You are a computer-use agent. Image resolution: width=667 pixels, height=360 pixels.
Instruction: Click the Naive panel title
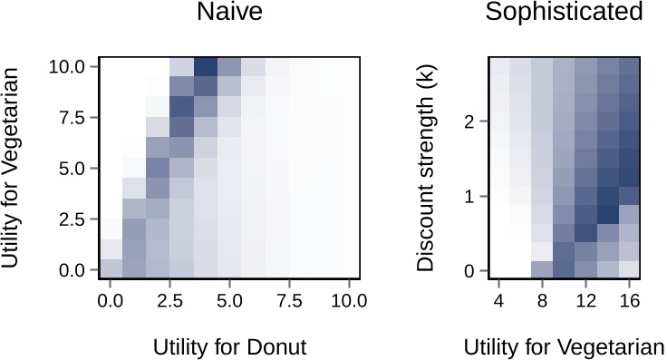pos(233,13)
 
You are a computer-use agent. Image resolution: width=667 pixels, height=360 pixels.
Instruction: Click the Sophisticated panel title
pos(564,13)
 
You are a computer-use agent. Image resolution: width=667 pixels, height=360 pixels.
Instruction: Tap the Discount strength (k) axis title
pos(425,168)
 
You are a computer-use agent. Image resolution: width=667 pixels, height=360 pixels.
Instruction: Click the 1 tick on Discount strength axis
pos(470,197)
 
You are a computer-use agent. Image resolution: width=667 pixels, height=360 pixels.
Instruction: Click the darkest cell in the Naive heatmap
pos(206,67)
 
